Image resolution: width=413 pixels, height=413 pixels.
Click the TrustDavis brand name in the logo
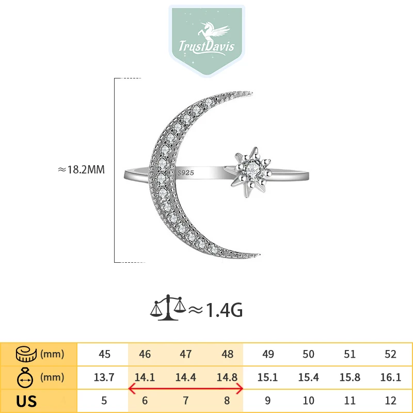point(206,46)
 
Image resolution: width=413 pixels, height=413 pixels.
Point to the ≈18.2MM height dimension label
point(81,170)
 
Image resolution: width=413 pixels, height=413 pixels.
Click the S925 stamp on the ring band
point(186,173)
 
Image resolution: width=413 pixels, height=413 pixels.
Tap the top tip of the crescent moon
point(251,93)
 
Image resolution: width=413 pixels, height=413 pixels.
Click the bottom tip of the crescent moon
point(259,255)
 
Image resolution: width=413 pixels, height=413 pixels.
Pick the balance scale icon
point(168,308)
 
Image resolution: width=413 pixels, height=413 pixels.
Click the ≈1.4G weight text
point(215,310)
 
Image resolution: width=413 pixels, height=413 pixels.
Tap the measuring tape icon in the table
point(26,354)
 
